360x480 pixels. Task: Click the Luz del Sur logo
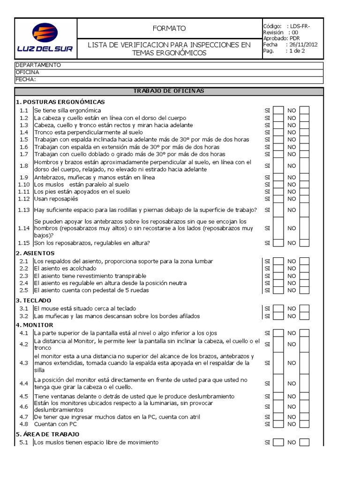click(x=45, y=38)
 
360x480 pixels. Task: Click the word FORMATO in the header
click(x=169, y=28)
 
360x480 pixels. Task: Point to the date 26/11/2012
click(x=304, y=45)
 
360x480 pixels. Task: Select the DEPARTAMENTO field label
click(x=38, y=65)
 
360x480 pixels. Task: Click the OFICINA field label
click(x=28, y=72)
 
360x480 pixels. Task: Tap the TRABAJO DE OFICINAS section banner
click(x=169, y=90)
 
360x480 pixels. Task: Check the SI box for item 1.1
click(x=278, y=111)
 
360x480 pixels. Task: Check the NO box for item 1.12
click(x=305, y=198)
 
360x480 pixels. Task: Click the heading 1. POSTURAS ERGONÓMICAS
click(x=60, y=102)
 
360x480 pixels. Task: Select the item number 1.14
click(x=24, y=228)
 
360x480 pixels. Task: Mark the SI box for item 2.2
click(x=278, y=269)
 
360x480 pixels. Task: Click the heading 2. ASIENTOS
click(x=35, y=253)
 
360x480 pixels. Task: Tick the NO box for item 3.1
click(x=305, y=308)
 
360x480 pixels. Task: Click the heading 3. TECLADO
click(x=34, y=300)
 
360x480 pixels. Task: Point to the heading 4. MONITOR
click(x=35, y=325)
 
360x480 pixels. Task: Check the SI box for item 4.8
click(x=278, y=424)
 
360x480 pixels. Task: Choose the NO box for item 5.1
click(x=305, y=442)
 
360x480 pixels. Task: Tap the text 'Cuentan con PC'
click(x=55, y=424)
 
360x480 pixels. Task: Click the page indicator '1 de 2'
click(x=297, y=51)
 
